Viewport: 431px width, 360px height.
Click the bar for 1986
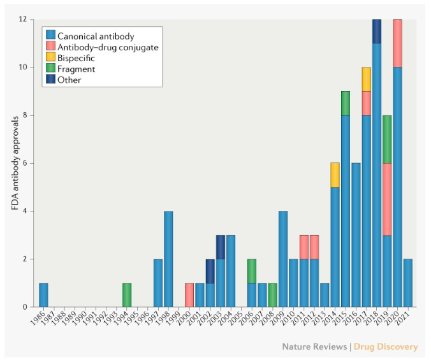point(43,294)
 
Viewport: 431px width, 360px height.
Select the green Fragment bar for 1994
point(127,294)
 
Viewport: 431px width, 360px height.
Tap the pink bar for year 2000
point(189,294)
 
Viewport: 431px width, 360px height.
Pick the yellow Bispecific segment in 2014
point(335,175)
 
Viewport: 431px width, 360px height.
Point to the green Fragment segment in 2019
point(387,139)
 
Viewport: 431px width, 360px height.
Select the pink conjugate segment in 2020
point(397,43)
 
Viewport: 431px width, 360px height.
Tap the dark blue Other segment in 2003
point(221,247)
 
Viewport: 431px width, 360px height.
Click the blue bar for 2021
point(408,282)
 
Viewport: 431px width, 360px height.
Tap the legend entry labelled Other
point(70,80)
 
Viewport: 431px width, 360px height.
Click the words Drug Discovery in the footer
point(390,347)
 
